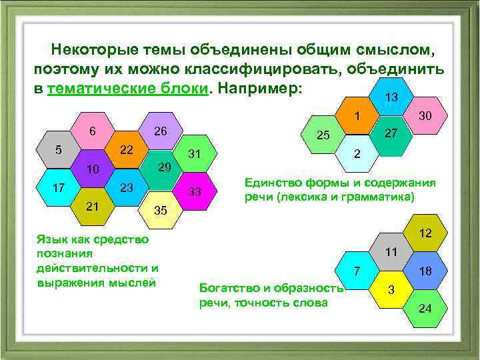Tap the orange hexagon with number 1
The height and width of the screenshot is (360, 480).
[357, 115]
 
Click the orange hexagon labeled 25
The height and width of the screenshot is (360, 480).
[323, 135]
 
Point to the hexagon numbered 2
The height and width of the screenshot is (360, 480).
[357, 153]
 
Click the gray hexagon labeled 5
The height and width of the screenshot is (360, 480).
[59, 149]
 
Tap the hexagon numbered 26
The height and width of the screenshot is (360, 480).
[160, 131]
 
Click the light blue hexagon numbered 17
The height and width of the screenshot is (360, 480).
[59, 187]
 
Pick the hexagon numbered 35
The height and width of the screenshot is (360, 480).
[160, 209]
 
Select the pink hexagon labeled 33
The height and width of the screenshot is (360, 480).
[195, 191]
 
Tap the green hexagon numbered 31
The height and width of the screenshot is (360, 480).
[195, 154]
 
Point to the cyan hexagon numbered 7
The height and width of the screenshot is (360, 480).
[357, 271]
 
